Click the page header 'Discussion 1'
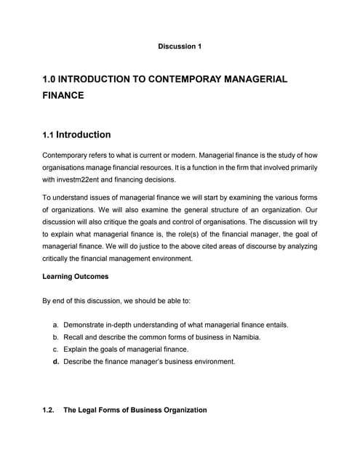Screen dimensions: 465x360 [179, 46]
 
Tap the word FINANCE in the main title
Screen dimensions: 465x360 [64, 95]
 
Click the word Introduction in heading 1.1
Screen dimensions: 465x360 [84, 134]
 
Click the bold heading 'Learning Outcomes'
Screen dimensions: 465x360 [77, 277]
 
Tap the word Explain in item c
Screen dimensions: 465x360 [77, 349]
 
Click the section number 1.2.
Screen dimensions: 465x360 [49, 411]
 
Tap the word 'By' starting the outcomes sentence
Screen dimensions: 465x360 [47, 301]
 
